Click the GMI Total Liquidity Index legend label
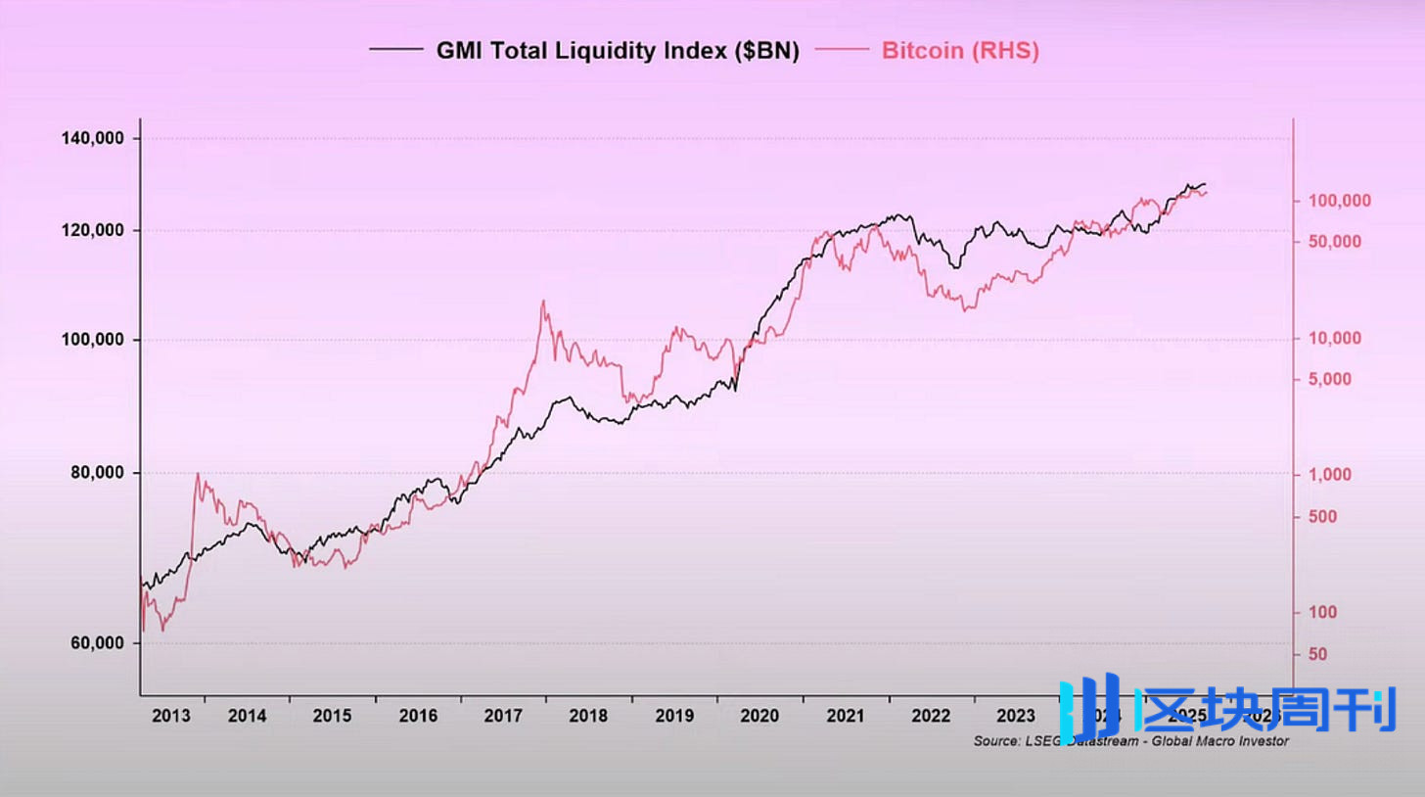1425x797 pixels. (x=618, y=52)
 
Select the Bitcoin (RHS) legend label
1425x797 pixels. (x=960, y=52)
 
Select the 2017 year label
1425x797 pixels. (x=503, y=716)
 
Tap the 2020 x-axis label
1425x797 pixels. (x=759, y=716)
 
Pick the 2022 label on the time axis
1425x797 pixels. (x=931, y=716)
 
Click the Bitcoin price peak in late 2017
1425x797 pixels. (x=543, y=302)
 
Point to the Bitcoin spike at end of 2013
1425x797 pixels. (x=198, y=474)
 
